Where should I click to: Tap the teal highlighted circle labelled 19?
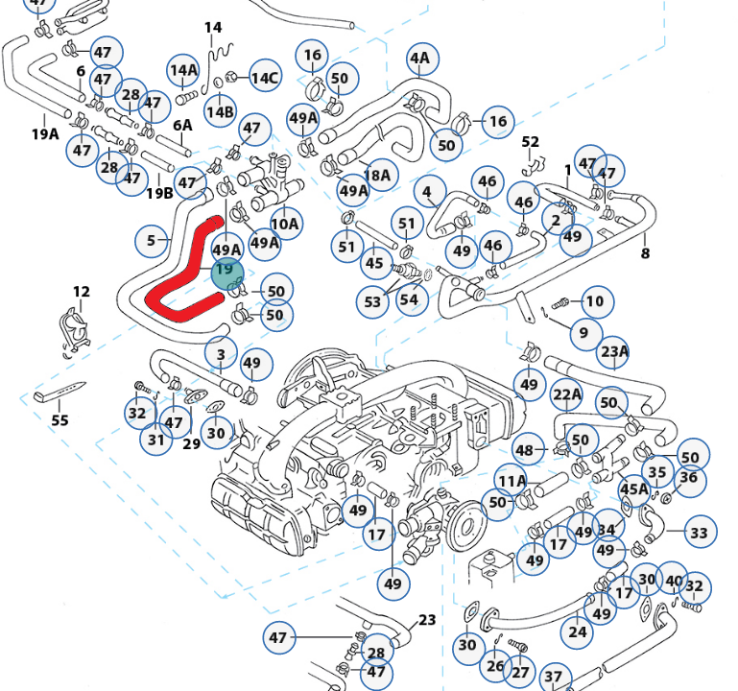[227, 274]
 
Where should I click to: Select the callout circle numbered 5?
[151, 241]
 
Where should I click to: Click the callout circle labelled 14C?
[266, 76]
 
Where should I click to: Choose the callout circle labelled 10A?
[286, 223]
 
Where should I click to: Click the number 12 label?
[82, 292]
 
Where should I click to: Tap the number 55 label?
[60, 419]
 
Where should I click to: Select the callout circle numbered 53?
[372, 301]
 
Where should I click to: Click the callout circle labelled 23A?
[614, 351]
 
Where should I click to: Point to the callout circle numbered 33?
[700, 532]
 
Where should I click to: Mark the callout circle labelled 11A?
[512, 480]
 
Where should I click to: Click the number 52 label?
[531, 142]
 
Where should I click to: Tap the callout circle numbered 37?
[555, 679]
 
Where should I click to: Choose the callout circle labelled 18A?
[379, 175]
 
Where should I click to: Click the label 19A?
[46, 134]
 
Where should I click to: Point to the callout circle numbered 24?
[577, 631]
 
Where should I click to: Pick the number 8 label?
[645, 253]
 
